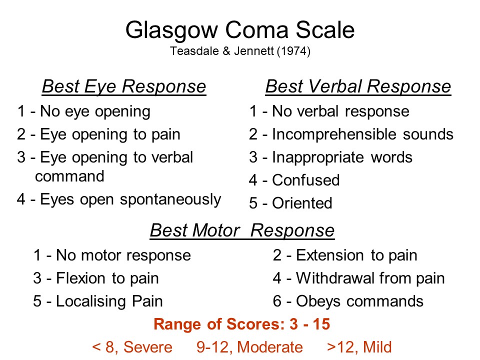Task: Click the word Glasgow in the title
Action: pyautogui.click(x=171, y=31)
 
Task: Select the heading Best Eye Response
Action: pyautogui.click(x=124, y=86)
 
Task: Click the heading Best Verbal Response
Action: pyautogui.click(x=358, y=86)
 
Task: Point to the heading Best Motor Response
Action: pyautogui.click(x=242, y=230)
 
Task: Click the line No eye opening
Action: pyautogui.click(x=84, y=111)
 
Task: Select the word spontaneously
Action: pyautogui.click(x=170, y=200)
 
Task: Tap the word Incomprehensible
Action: pyautogui.click(x=335, y=134)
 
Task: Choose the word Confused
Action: pyautogui.click(x=306, y=180)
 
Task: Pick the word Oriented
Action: pyautogui.click(x=302, y=203)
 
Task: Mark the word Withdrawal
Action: pyautogui.click(x=335, y=278)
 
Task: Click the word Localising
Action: pyautogui.click(x=91, y=302)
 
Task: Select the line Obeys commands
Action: pyautogui.click(x=348, y=301)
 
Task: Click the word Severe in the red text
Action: pyautogui.click(x=148, y=347)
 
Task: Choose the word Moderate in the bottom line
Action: pyautogui.click(x=270, y=347)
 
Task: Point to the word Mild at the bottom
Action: pyautogui.click(x=377, y=347)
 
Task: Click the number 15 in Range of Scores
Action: pyautogui.click(x=321, y=324)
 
